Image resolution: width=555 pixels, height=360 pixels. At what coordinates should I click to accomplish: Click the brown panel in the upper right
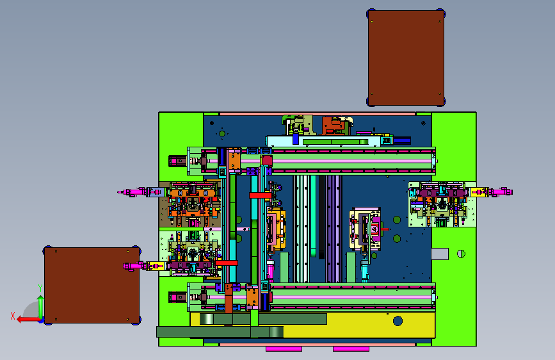click(406, 58)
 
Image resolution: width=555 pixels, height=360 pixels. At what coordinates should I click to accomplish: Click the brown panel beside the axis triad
click(92, 285)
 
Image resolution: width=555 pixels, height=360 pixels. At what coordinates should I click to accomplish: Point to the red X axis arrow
click(28, 320)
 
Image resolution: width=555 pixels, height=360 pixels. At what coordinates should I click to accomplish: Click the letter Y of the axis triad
click(40, 288)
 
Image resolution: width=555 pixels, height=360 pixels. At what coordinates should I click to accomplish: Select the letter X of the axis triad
click(13, 316)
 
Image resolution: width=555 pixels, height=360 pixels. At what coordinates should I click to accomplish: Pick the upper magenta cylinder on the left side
click(132, 192)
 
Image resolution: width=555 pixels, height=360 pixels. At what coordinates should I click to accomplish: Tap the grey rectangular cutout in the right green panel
click(440, 254)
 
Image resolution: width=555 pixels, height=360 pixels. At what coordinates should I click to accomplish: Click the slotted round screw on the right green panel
click(461, 254)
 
